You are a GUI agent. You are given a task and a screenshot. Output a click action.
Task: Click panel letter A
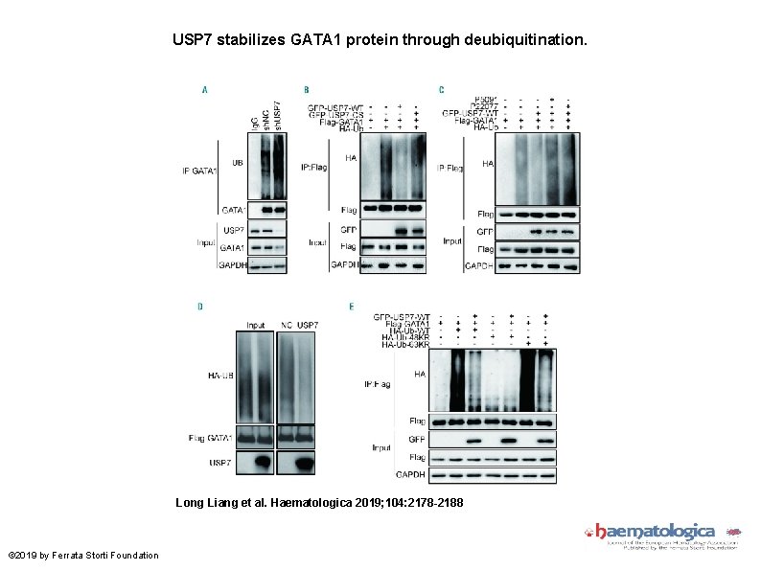coord(204,90)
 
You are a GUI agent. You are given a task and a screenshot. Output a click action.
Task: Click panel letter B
coord(307,90)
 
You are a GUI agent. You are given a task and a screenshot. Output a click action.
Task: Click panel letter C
coord(441,90)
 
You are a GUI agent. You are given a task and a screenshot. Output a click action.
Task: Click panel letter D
coord(200,307)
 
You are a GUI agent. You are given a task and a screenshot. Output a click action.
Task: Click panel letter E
coord(352,307)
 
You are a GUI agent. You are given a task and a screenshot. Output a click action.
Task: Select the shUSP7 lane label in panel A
coord(277,117)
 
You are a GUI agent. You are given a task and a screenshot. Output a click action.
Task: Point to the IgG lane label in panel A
coord(255,122)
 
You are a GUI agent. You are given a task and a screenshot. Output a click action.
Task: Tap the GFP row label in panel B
coord(349,231)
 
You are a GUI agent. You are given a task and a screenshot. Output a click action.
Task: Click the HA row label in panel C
coord(488,165)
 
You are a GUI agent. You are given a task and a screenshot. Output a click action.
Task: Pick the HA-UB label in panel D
coord(219,376)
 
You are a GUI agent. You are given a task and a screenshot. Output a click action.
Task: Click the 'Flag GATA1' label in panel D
coord(211,438)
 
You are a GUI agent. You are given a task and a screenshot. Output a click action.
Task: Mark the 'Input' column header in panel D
coord(255,325)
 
